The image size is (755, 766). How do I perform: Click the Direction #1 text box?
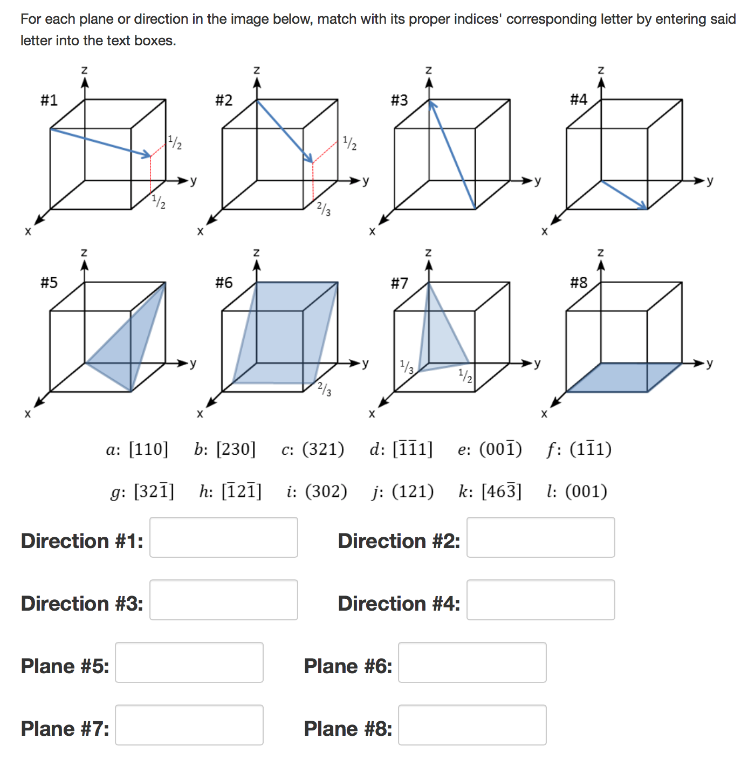[223, 537]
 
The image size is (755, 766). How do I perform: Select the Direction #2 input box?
[540, 537]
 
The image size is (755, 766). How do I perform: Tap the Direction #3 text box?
[223, 600]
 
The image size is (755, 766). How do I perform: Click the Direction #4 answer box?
[540, 600]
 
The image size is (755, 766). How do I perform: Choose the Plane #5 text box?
[189, 662]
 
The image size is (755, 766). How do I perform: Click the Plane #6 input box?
[472, 662]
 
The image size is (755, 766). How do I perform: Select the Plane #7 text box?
[189, 725]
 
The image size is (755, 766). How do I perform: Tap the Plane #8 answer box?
[472, 725]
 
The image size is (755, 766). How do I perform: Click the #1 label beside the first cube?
[49, 100]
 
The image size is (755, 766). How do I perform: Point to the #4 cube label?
[579, 99]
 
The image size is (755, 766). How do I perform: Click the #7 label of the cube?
[400, 283]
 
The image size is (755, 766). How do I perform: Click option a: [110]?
[137, 449]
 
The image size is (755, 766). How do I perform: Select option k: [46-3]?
[490, 491]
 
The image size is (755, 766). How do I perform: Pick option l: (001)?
[577, 491]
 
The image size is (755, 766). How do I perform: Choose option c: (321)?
[313, 449]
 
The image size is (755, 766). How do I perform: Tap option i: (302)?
[317, 491]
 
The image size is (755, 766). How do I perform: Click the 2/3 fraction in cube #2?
[324, 208]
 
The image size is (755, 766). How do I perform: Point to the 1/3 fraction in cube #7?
[407, 366]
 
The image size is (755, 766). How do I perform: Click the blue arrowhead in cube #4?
[642, 206]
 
